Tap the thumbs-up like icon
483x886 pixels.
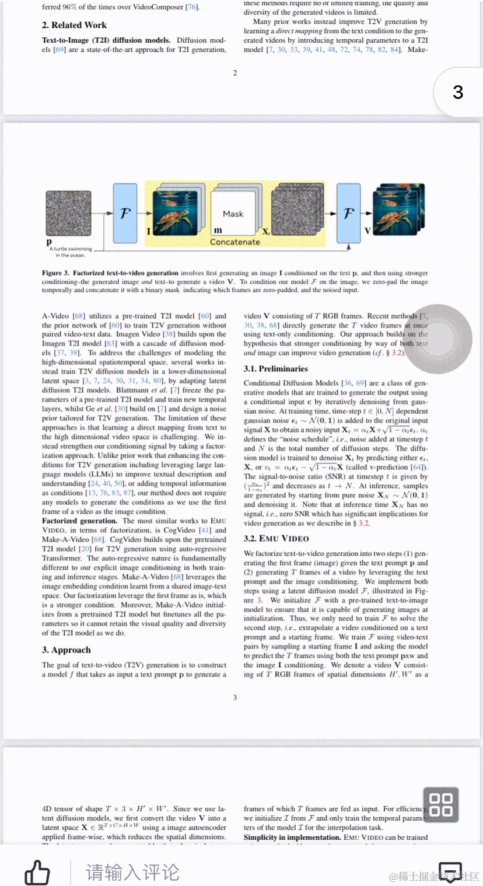[x=37, y=873]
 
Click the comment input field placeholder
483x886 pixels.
[x=132, y=873]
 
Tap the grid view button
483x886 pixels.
[x=440, y=805]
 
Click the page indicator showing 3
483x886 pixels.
[x=458, y=92]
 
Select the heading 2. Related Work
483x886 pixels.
[x=74, y=25]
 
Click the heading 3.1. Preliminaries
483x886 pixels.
[x=275, y=369]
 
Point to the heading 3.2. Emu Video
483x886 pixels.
[x=276, y=539]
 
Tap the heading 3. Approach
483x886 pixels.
[x=66, y=650]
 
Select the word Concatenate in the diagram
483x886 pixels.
[x=235, y=242]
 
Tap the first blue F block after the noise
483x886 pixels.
[x=124, y=213]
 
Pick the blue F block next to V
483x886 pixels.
[x=348, y=213]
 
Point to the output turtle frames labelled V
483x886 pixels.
[x=398, y=213]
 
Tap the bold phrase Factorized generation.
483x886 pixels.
[x=79, y=521]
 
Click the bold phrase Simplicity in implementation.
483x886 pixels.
[x=292, y=837]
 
